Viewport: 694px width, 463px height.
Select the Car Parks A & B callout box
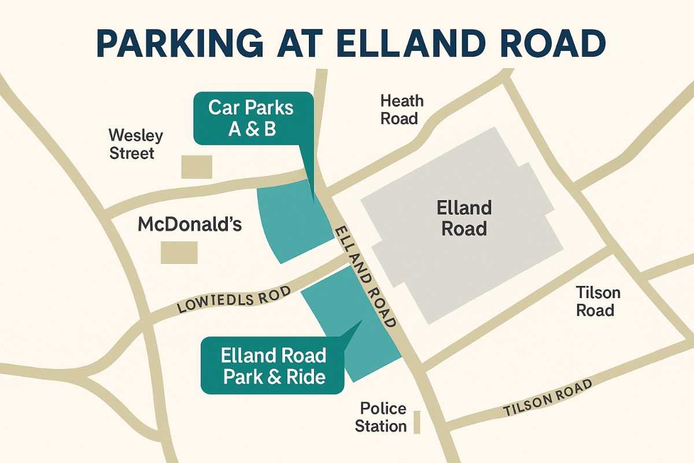[253, 118]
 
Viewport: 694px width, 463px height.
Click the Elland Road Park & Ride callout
[274, 366]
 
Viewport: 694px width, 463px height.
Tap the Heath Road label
[401, 109]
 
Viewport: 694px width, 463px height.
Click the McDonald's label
[189, 225]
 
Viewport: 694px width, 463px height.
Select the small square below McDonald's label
[179, 253]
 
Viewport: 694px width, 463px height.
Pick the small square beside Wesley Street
[197, 167]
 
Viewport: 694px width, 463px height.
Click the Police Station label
[381, 417]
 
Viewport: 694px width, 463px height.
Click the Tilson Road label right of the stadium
[597, 301]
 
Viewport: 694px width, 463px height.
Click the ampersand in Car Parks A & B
[252, 129]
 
